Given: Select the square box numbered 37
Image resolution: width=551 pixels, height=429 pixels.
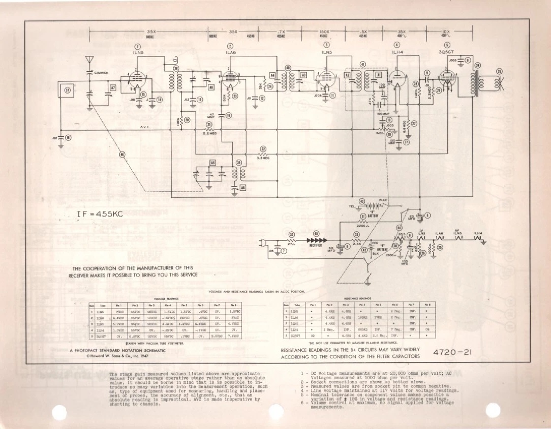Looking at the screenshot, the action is [67, 91].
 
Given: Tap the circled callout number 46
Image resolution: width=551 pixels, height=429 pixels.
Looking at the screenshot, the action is [121, 155].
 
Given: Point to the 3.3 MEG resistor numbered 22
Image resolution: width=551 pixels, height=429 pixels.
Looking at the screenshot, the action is [263, 154].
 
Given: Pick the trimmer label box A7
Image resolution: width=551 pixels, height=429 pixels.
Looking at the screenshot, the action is [113, 88].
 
